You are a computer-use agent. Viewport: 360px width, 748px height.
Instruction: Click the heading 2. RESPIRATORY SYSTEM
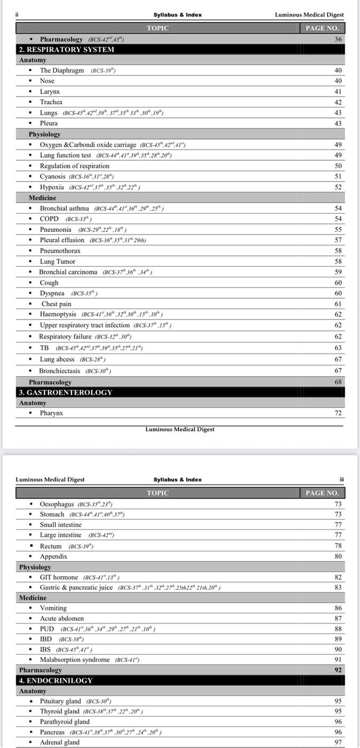tap(67, 50)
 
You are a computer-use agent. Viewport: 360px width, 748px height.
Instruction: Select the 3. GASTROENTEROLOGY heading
tap(66, 392)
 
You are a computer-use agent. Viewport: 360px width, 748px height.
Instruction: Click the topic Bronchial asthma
tap(64, 208)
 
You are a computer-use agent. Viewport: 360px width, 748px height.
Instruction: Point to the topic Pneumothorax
tap(60, 251)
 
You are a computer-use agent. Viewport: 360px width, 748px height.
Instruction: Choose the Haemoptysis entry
tap(58, 314)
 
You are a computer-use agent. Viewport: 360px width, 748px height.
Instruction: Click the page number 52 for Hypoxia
tap(338, 187)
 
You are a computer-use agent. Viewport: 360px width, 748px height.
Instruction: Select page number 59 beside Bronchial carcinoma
tap(338, 272)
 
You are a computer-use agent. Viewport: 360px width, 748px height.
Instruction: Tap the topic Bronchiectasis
tap(59, 371)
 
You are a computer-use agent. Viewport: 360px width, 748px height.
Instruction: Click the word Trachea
tap(51, 102)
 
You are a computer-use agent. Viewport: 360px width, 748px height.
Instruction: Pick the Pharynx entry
tap(51, 413)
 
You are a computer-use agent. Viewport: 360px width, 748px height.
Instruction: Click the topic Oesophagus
tap(57, 504)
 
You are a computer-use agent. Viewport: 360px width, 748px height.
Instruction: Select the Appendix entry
tap(53, 556)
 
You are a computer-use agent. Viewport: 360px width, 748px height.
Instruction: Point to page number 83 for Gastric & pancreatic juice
tap(338, 587)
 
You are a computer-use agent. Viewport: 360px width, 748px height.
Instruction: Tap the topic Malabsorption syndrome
tap(75, 660)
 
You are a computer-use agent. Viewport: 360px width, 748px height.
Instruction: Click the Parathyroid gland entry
tap(65, 722)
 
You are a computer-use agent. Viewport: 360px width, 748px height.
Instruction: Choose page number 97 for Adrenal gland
tap(338, 742)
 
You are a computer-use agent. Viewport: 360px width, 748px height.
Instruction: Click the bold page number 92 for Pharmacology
tap(338, 670)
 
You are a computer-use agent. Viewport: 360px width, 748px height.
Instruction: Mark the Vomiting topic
tap(53, 608)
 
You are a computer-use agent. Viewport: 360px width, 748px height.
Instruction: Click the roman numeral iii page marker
tap(341, 479)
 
